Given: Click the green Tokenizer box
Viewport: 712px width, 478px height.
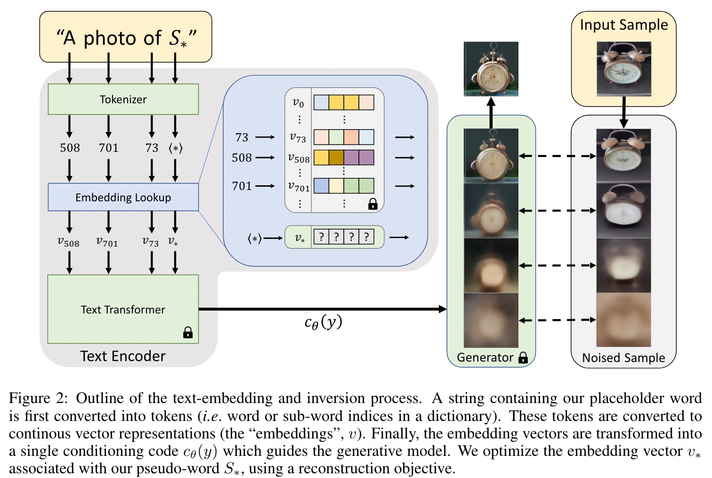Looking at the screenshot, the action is tap(123, 99).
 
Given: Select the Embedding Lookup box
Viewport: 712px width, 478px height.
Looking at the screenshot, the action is tap(123, 197).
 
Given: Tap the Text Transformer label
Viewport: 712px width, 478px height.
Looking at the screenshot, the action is tap(123, 310).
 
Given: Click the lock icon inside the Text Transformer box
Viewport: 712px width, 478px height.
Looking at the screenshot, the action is tap(188, 332).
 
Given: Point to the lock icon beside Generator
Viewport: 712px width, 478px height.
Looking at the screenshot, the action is tap(523, 358).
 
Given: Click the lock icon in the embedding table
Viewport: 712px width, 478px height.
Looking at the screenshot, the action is tap(372, 204).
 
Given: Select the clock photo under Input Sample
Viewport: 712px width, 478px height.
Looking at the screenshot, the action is tap(624, 69).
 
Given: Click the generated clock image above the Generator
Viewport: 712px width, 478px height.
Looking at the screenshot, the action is tap(491, 69).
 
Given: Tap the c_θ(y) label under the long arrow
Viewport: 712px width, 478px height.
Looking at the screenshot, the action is tap(323, 323).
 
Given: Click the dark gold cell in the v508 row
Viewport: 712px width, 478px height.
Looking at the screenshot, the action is tap(336, 157).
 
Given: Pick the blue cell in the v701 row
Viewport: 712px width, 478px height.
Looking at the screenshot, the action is tap(321, 186).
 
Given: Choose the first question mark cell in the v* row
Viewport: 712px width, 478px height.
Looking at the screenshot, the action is tap(321, 237).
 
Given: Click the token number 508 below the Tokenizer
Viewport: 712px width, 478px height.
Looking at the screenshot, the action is tap(70, 148).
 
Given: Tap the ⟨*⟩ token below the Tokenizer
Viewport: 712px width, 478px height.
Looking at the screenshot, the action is tap(176, 148).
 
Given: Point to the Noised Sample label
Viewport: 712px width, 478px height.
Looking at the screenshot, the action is tap(623, 358).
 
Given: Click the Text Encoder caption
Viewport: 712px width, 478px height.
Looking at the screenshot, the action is tap(123, 356).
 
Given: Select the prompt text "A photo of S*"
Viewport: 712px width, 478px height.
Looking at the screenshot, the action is tap(127, 38).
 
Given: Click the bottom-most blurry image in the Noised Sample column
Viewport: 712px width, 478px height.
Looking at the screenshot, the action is tap(623, 320).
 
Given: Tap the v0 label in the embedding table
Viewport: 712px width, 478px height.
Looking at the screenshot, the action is tap(298, 103).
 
